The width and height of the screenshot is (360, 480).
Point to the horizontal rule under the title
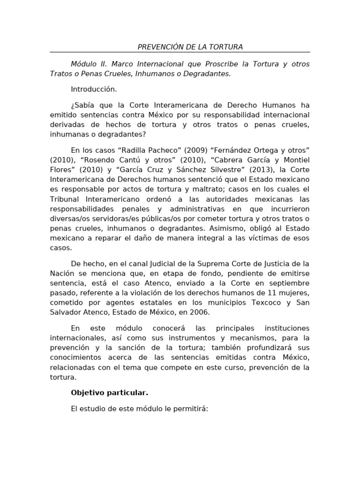[x=180, y=52]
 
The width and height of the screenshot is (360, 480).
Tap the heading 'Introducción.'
[x=94, y=89]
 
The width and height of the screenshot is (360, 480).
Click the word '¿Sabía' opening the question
[x=82, y=105]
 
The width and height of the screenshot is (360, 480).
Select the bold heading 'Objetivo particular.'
[x=109, y=392]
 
